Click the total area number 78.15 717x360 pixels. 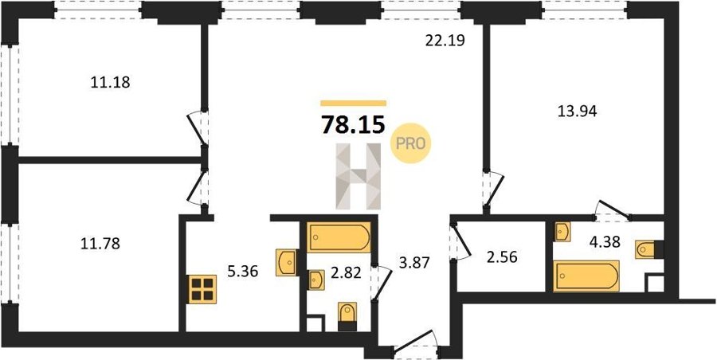click(353, 124)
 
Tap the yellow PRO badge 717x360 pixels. click(410, 143)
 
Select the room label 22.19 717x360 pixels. click(445, 41)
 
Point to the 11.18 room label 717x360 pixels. click(110, 82)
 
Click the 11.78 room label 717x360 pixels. click(100, 244)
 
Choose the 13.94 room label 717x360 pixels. click(577, 112)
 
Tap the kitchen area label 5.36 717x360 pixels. click(243, 272)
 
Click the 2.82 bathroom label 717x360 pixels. click(346, 273)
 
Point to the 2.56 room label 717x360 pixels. click(502, 257)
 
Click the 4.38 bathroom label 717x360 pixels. click(605, 241)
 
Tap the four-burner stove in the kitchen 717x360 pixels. click(202, 290)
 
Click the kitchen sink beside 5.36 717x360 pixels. click(287, 263)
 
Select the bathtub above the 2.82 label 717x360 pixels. click(339, 237)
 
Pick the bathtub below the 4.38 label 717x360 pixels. click(586, 276)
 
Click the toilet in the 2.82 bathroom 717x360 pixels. click(347, 316)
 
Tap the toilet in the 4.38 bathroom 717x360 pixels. click(648, 250)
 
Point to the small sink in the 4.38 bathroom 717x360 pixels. click(562, 232)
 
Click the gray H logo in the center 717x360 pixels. click(358, 177)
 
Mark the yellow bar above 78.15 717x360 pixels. click(354, 104)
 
